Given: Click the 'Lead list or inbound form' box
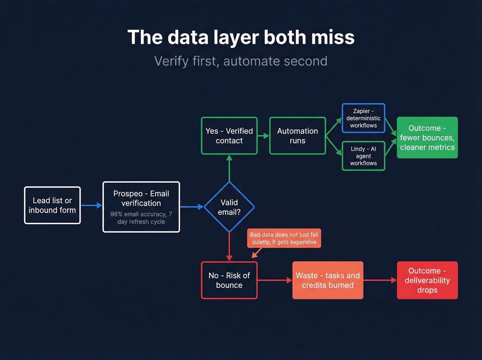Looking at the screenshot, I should pyautogui.click(x=52, y=205).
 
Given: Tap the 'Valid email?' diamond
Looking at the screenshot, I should pyautogui.click(x=229, y=207).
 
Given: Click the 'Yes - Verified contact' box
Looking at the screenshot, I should pyautogui.click(x=229, y=136).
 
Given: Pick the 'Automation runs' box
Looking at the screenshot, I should pyautogui.click(x=297, y=136).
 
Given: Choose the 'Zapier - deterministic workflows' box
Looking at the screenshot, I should pyautogui.click(x=363, y=118).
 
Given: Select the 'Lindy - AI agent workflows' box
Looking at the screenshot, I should pyautogui.click(x=363, y=156).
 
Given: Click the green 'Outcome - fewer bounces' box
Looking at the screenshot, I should pyautogui.click(x=427, y=137).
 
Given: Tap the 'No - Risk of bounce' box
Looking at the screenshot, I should pyautogui.click(x=229, y=280).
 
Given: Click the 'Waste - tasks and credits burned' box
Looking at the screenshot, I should pyautogui.click(x=328, y=280).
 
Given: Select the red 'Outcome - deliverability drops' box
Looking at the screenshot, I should pyautogui.click(x=427, y=280).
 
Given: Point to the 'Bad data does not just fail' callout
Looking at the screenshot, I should pyautogui.click(x=284, y=238).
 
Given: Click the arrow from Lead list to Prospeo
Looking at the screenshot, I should pyautogui.click(x=91, y=206).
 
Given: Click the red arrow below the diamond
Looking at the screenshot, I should pyautogui.click(x=229, y=247).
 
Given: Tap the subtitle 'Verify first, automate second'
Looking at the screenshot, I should pyautogui.click(x=241, y=61).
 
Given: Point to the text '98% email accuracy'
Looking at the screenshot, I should pyautogui.click(x=138, y=214).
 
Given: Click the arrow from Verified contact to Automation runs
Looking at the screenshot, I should pyautogui.click(x=263, y=136).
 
